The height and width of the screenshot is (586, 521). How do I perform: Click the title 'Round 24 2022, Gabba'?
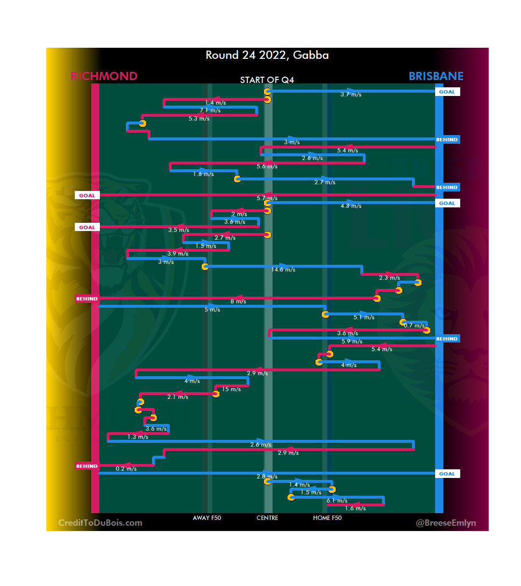(x=267, y=55)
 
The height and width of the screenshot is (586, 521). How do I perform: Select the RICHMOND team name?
(x=104, y=76)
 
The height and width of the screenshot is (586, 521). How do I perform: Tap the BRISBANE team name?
(x=436, y=76)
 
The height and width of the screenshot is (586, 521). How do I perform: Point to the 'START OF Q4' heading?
(x=267, y=80)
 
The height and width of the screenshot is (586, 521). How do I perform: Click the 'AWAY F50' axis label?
(x=207, y=518)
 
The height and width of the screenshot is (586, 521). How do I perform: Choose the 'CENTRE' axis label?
(x=267, y=518)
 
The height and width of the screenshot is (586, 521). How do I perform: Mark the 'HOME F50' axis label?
(x=327, y=518)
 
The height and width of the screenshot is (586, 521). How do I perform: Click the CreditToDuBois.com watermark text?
(x=100, y=523)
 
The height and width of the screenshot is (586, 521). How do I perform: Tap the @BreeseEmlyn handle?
(x=446, y=523)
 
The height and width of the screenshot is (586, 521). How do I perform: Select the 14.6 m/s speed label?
(x=283, y=270)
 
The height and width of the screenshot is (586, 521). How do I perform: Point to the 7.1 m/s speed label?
(x=210, y=110)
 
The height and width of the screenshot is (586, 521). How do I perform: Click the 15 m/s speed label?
(x=231, y=389)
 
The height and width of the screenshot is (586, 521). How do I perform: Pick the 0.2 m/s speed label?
(x=126, y=469)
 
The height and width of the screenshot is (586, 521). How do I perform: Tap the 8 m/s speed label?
(x=238, y=301)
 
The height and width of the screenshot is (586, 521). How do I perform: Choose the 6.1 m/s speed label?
(x=337, y=501)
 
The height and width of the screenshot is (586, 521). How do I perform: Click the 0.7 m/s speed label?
(x=414, y=326)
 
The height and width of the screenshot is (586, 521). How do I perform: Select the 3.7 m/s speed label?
(x=351, y=95)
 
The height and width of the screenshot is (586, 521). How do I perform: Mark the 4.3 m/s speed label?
(x=351, y=206)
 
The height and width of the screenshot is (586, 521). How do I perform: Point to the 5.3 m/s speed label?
(x=199, y=119)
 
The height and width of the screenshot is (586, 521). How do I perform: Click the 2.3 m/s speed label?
(x=389, y=278)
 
